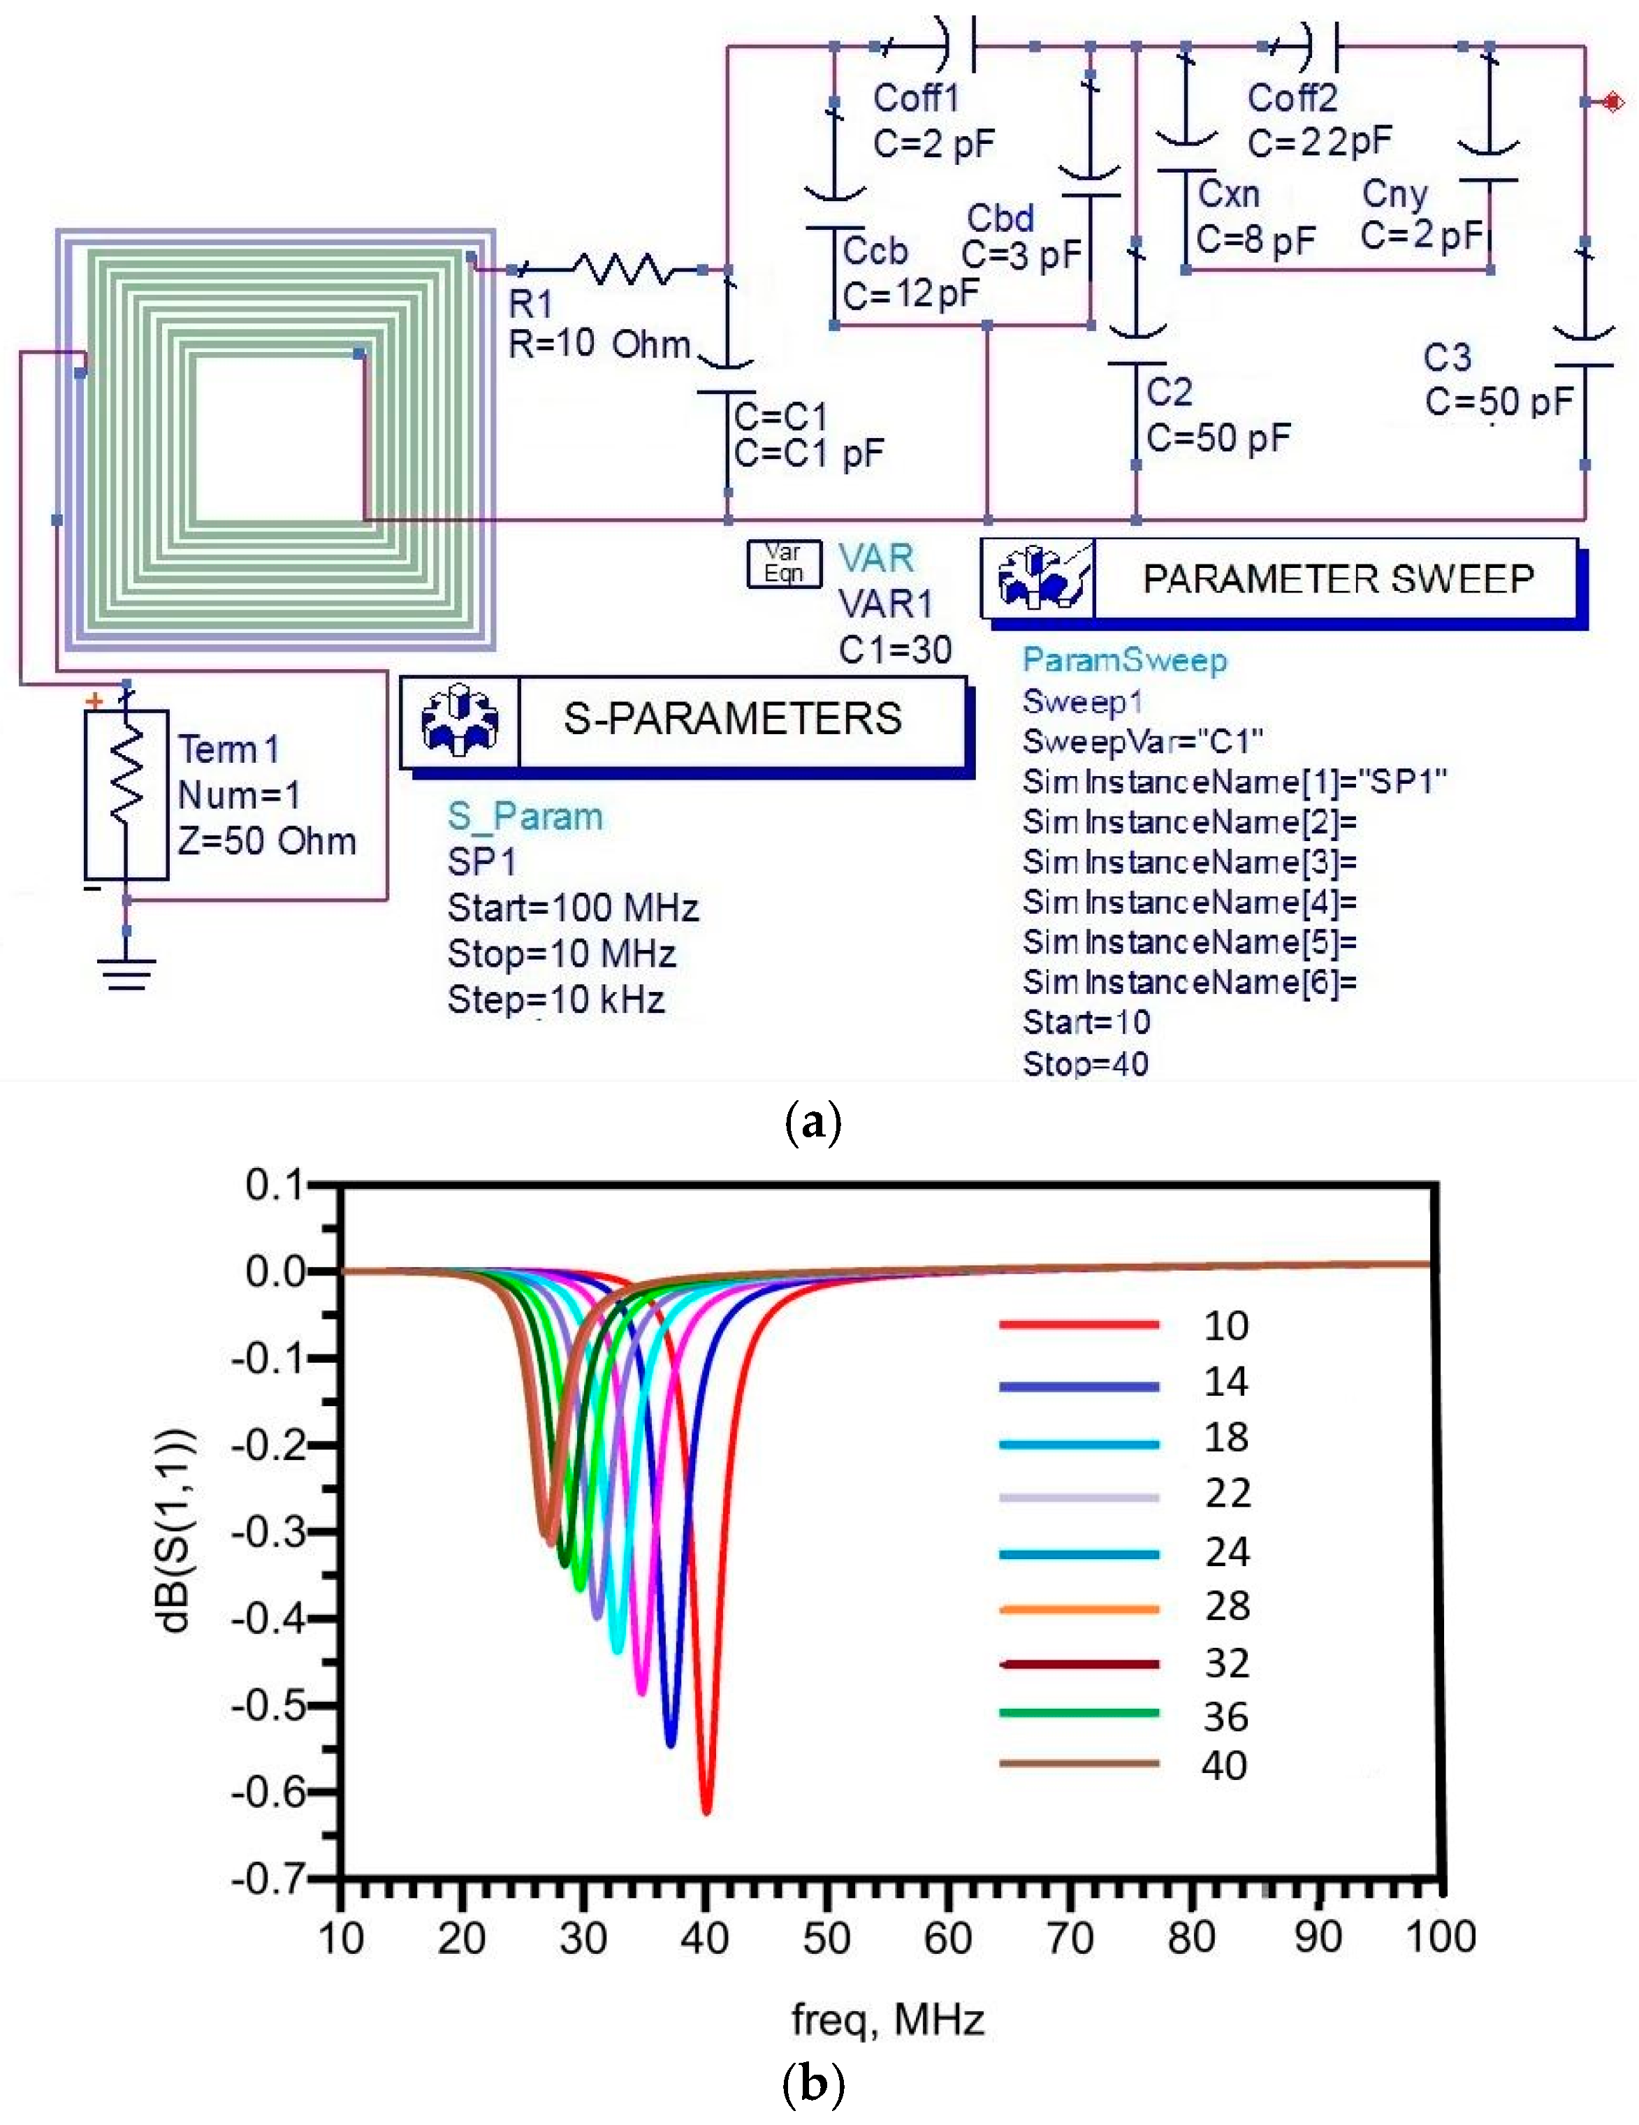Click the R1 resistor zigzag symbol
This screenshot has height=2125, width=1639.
620,268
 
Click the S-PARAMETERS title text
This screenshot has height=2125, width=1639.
732,718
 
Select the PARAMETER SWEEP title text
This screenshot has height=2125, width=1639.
1339,579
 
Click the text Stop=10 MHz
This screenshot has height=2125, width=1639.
562,954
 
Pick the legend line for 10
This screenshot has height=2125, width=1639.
1079,1324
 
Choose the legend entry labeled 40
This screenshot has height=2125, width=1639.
1225,1765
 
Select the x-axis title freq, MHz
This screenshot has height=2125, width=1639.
888,2021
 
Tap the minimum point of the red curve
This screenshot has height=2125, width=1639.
706,1812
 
